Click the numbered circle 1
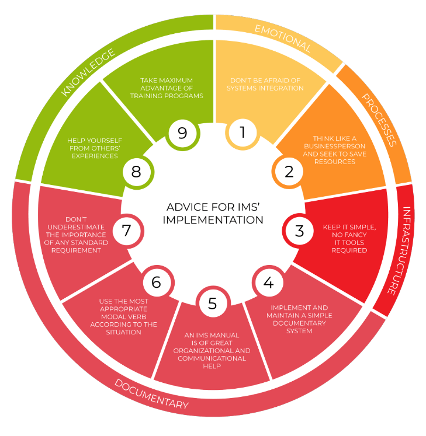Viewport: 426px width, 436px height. coord(243,134)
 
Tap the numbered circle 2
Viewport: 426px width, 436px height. coord(289,172)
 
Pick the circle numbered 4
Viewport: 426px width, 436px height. coord(269,282)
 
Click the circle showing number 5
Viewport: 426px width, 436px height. coord(213,303)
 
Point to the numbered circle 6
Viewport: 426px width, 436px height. coord(157,282)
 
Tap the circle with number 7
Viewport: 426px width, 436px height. coord(127,231)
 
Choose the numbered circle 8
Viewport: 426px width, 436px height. coord(136,172)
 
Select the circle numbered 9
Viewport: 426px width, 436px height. coord(182,134)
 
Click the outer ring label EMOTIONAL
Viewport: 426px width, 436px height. coord(283,39)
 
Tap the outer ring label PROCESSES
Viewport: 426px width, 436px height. coord(379,120)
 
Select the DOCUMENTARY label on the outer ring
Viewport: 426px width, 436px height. coord(152,394)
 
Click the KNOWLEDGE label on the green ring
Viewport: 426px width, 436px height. coord(88,72)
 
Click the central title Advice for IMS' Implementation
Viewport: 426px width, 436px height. coord(213,213)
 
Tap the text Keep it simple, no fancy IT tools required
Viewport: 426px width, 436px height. coord(349,239)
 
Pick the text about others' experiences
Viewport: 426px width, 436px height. coord(95,148)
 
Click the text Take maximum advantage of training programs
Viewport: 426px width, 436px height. coord(167,88)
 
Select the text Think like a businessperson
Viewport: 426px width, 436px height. coord(334,142)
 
